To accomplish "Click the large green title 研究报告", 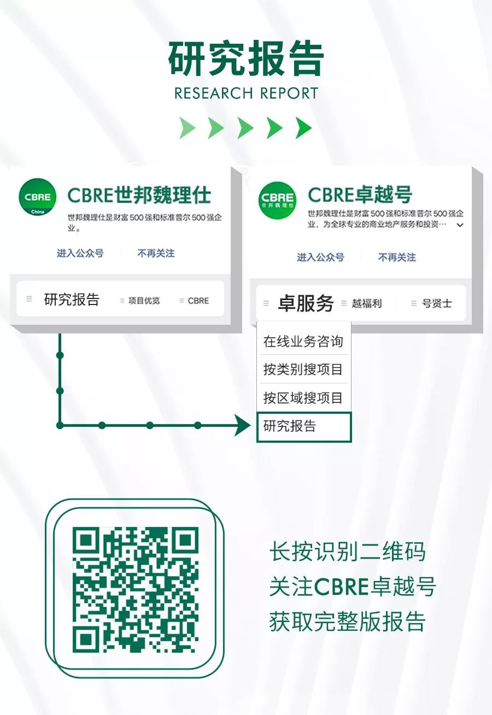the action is tap(246, 58).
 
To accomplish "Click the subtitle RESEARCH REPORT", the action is tap(246, 93).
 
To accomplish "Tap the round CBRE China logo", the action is tap(38, 197).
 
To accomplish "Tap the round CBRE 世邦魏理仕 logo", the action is tap(277, 201).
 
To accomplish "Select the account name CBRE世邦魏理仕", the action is tap(139, 195).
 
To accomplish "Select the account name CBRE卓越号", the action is tap(360, 195).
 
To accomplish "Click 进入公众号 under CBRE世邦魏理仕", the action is tap(80, 254).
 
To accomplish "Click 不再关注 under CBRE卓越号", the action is tap(397, 257).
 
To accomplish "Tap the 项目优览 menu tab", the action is tap(144, 300).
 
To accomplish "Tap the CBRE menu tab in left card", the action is tap(198, 301).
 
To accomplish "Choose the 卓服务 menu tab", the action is tap(306, 303).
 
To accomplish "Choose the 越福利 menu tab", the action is tap(366, 303).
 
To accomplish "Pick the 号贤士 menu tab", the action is tap(436, 303).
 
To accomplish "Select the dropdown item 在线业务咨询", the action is tap(303, 341).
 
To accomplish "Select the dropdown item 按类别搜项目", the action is tap(303, 369).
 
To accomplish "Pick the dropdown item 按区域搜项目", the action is tap(303, 397).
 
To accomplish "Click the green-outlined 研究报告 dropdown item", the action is tap(304, 427).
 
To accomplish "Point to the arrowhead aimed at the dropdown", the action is tap(243, 425).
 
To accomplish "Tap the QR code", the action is tap(136, 590).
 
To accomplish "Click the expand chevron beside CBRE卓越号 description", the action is tap(460, 225).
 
